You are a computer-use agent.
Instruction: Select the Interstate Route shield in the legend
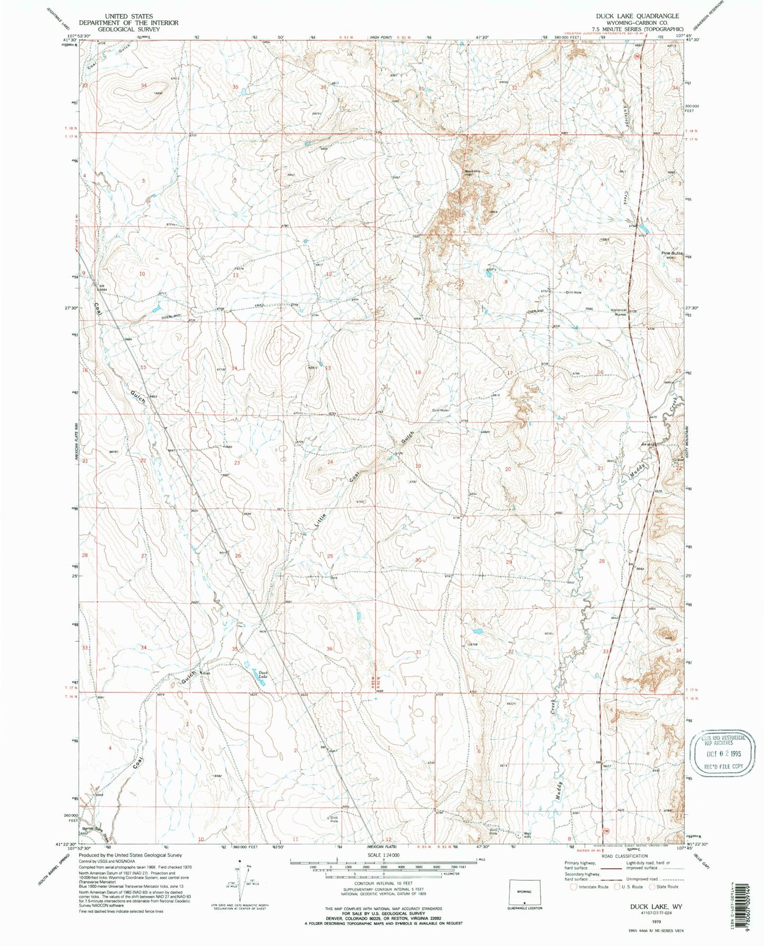point(574,887)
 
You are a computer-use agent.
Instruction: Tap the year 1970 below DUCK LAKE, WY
point(656,921)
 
